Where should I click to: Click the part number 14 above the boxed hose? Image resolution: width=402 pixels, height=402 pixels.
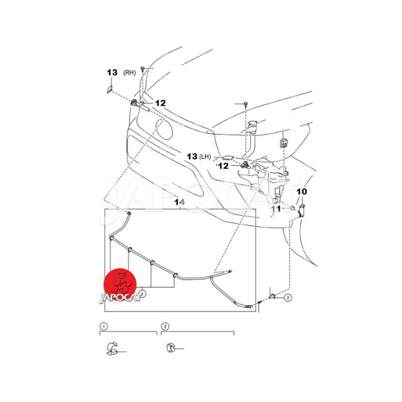[x=179, y=203]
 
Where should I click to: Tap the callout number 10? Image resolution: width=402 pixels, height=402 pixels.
[x=301, y=191]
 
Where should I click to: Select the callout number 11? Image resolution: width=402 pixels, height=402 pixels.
[x=276, y=209]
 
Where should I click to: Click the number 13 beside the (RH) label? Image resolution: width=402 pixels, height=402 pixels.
[x=112, y=72]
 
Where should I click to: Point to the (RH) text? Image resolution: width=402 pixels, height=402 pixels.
[x=130, y=72]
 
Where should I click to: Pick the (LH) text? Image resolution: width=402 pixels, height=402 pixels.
[x=205, y=156]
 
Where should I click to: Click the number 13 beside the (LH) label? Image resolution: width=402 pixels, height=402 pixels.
[x=192, y=156]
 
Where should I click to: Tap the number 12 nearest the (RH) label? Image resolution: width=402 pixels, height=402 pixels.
[x=160, y=103]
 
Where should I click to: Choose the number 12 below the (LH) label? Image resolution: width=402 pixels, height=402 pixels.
[x=223, y=166]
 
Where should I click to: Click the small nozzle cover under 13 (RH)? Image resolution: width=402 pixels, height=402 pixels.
[x=109, y=89]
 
